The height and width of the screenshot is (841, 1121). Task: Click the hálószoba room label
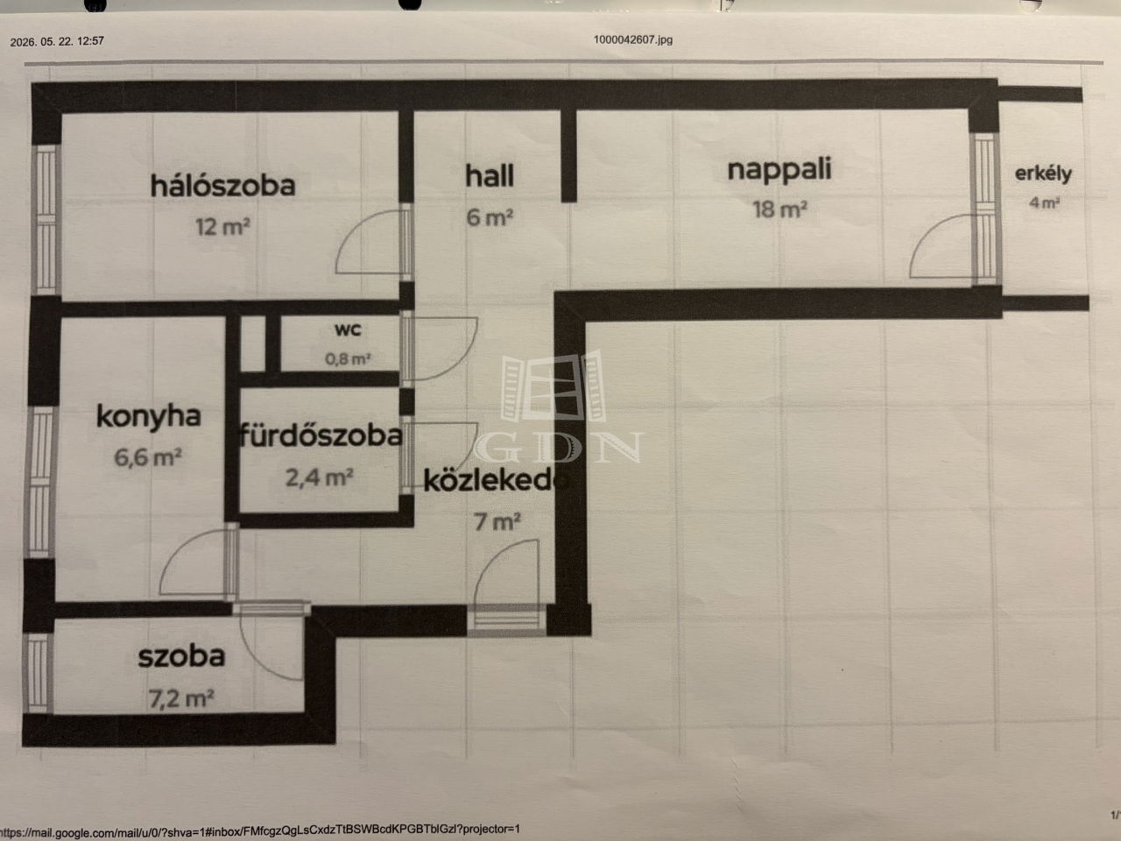[x=222, y=186]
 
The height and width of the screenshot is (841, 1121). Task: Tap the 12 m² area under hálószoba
[x=222, y=227]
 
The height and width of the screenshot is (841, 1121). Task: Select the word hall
[x=490, y=176]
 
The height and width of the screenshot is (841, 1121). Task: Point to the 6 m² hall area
[x=490, y=217]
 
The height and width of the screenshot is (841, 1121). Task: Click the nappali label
[x=779, y=170]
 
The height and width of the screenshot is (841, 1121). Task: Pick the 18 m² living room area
[x=779, y=209]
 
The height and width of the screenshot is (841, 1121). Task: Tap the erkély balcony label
[x=1043, y=174]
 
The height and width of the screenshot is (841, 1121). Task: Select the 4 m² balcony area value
[x=1044, y=202]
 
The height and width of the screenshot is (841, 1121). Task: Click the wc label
[x=348, y=329]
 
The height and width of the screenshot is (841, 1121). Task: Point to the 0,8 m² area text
[x=348, y=359]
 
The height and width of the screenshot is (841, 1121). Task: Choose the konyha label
[x=149, y=416]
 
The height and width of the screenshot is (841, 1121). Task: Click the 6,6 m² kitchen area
[x=148, y=457]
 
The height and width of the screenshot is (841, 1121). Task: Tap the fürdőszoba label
[x=321, y=435]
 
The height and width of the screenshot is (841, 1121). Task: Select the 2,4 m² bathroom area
[x=319, y=478]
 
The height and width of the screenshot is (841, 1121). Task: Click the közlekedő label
[x=496, y=481]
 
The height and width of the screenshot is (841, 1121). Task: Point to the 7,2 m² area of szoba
[x=180, y=698]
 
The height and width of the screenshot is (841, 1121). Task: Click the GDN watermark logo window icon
[x=553, y=386]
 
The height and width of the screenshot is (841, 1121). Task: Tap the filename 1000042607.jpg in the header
[x=633, y=39]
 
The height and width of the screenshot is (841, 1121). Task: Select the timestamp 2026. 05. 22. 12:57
[x=57, y=41]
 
